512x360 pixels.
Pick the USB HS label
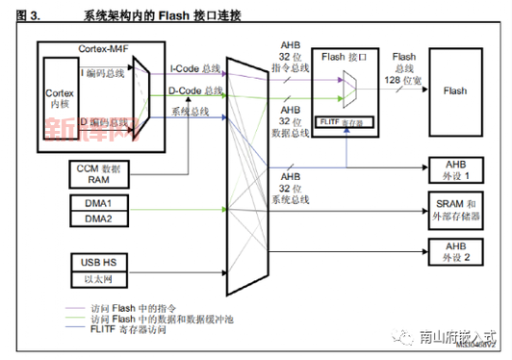pyautogui.click(x=96, y=260)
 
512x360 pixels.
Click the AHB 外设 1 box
pyautogui.click(x=455, y=170)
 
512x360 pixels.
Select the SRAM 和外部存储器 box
pyautogui.click(x=455, y=207)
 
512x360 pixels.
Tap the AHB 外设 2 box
pyautogui.click(x=455, y=254)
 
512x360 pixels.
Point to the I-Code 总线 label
pyautogui.click(x=196, y=68)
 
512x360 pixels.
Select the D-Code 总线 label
pyautogui.click(x=196, y=91)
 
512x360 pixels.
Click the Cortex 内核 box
pyautogui.click(x=60, y=99)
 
